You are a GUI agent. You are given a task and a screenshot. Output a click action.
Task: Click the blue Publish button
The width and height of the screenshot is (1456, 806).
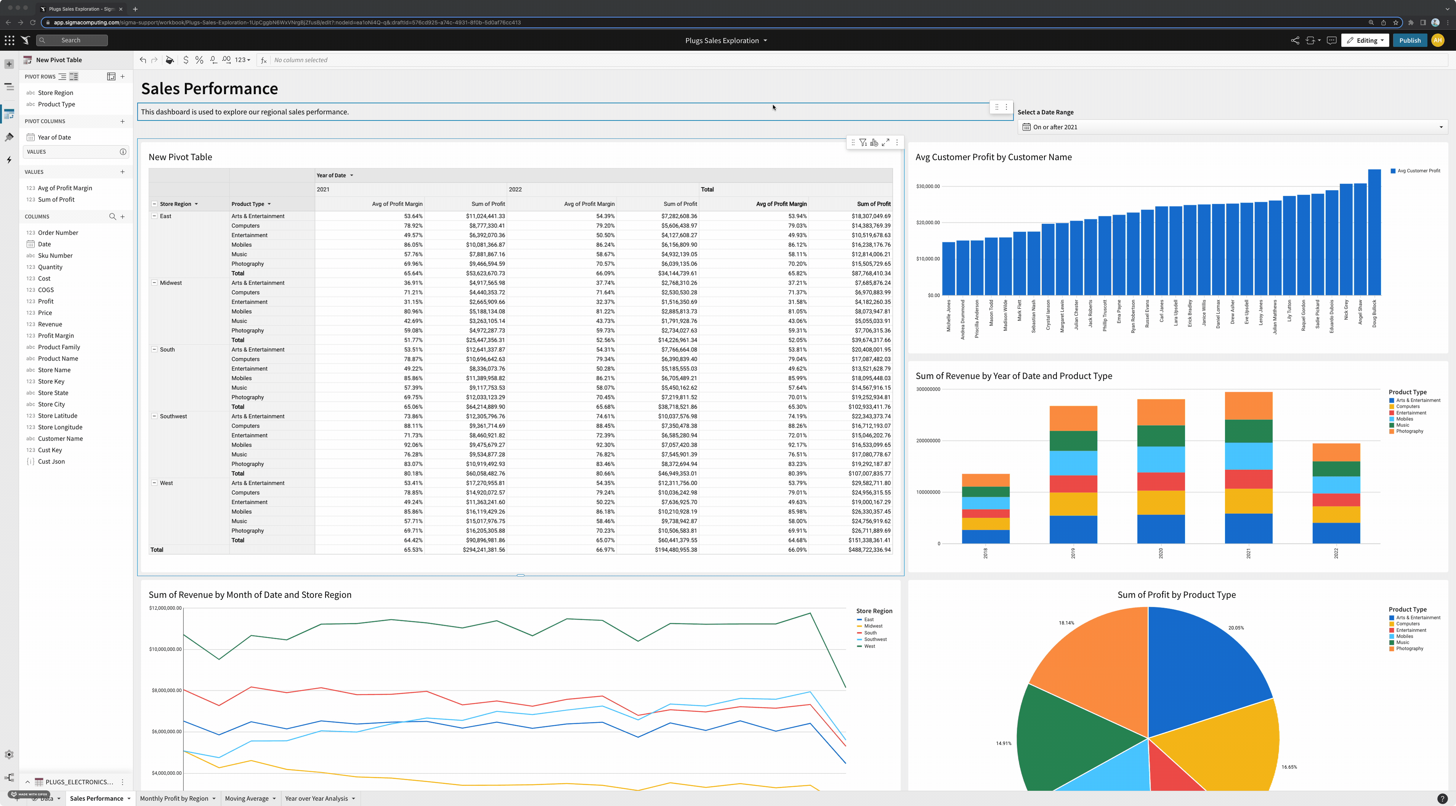click(x=1409, y=40)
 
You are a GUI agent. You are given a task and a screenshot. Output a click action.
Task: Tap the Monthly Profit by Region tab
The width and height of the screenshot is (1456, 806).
click(x=174, y=798)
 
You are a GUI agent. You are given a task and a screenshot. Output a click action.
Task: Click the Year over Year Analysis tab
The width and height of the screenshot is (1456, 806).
click(x=316, y=798)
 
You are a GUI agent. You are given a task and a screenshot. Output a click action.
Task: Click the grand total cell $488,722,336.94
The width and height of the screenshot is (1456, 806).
click(x=869, y=550)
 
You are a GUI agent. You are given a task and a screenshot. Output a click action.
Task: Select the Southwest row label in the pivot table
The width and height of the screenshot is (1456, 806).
click(x=173, y=416)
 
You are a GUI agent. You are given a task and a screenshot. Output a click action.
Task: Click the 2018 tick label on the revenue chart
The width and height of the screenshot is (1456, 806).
click(x=985, y=553)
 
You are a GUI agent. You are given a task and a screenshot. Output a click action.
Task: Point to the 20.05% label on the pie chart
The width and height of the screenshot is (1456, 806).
click(x=1236, y=627)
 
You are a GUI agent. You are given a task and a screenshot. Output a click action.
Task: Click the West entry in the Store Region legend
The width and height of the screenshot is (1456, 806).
click(x=869, y=646)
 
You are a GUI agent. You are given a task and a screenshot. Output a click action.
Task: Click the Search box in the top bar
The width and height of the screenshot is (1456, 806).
click(x=72, y=40)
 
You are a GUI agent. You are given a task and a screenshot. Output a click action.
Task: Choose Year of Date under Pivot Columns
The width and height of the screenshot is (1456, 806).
click(x=54, y=137)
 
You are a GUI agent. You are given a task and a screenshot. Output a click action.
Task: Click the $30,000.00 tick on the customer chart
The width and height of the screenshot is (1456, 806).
click(x=927, y=186)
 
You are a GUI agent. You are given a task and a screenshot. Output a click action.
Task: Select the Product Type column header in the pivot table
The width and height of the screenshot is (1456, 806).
click(x=248, y=204)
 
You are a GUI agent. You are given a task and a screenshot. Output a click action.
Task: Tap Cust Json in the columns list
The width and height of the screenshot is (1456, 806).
click(x=51, y=461)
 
